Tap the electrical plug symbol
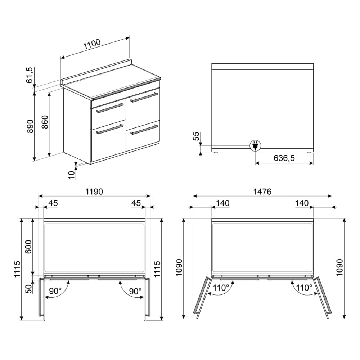pyautogui.click(x=255, y=145)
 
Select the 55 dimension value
pyautogui.click(x=196, y=136)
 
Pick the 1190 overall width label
pyautogui.click(x=94, y=192)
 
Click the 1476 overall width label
pyautogui.click(x=262, y=192)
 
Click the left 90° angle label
pyautogui.click(x=55, y=291)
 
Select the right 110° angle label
pyautogui.click(x=304, y=288)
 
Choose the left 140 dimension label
pyautogui.click(x=223, y=203)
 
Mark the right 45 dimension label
pyautogui.click(x=136, y=203)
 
